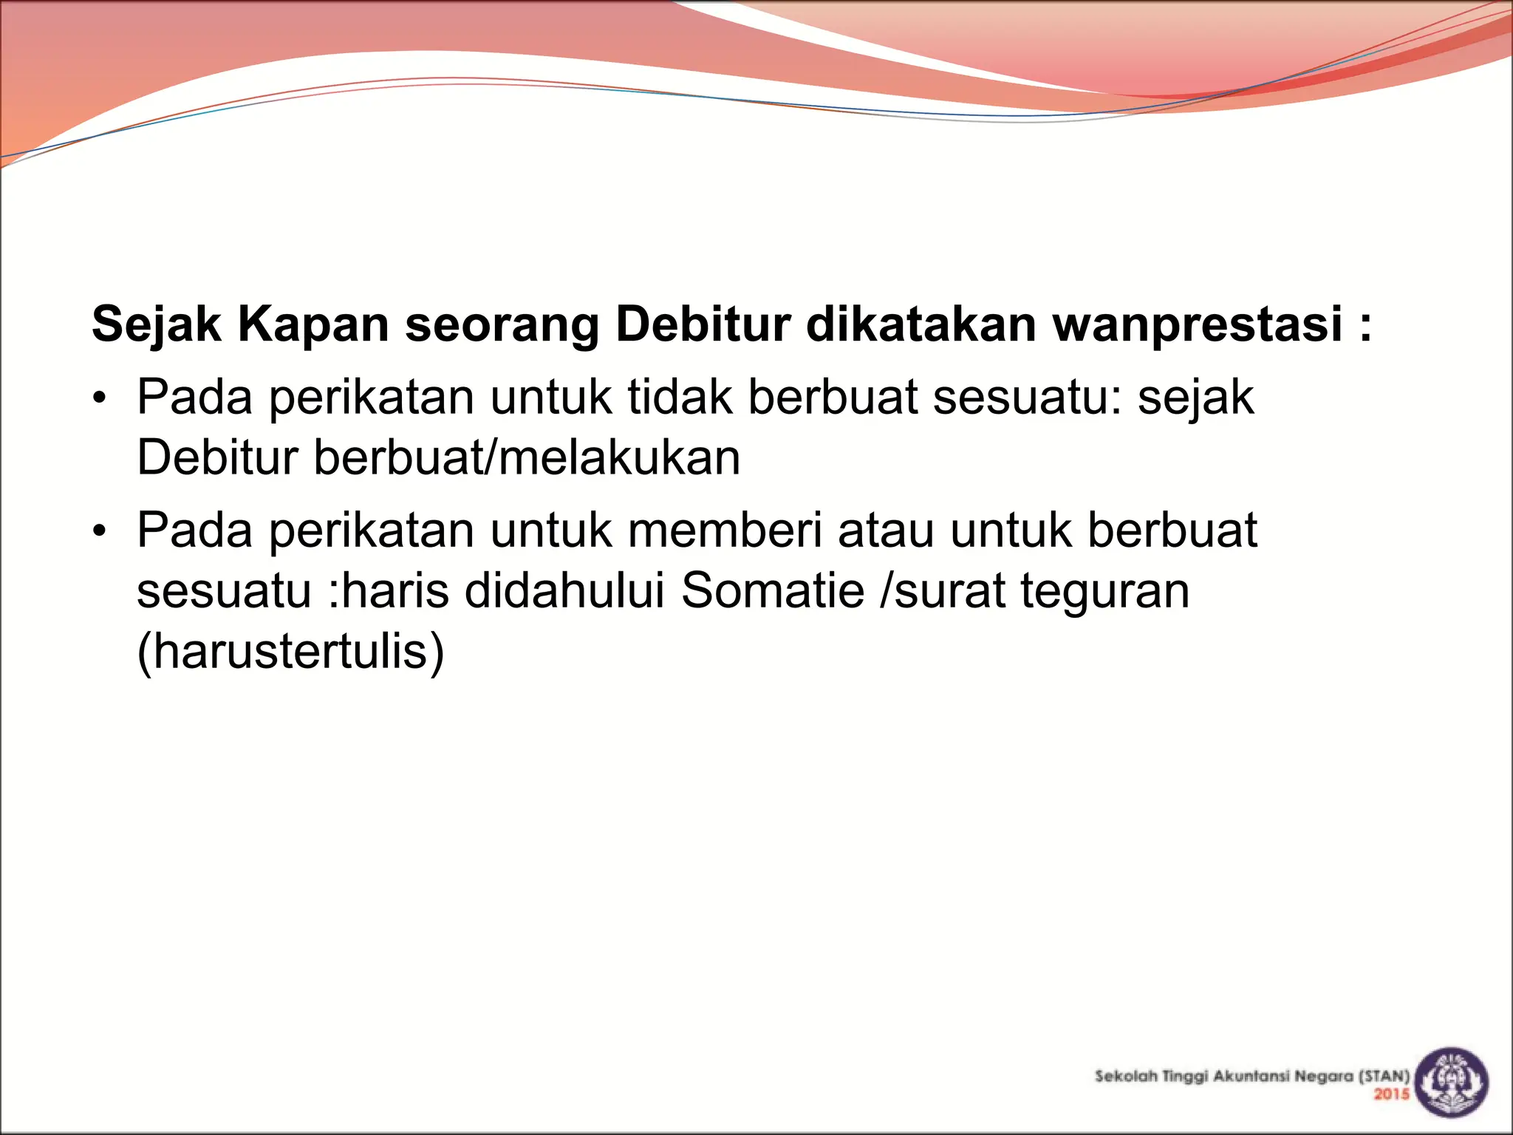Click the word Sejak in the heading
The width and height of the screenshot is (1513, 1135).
pos(156,324)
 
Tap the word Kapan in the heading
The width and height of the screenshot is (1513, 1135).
pos(312,324)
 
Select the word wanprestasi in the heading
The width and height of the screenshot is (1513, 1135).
pos(1198,324)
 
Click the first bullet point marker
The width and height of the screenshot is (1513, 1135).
pos(100,400)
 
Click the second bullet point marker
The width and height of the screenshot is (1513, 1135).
pos(100,532)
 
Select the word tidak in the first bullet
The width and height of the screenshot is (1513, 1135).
pos(680,398)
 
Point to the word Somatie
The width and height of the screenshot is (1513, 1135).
pos(772,591)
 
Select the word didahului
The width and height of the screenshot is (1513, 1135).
pos(565,591)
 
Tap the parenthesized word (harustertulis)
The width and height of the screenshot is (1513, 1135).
pos(291,652)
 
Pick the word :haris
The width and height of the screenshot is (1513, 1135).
pos(388,591)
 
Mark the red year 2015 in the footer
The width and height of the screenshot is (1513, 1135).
pos(1391,1094)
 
